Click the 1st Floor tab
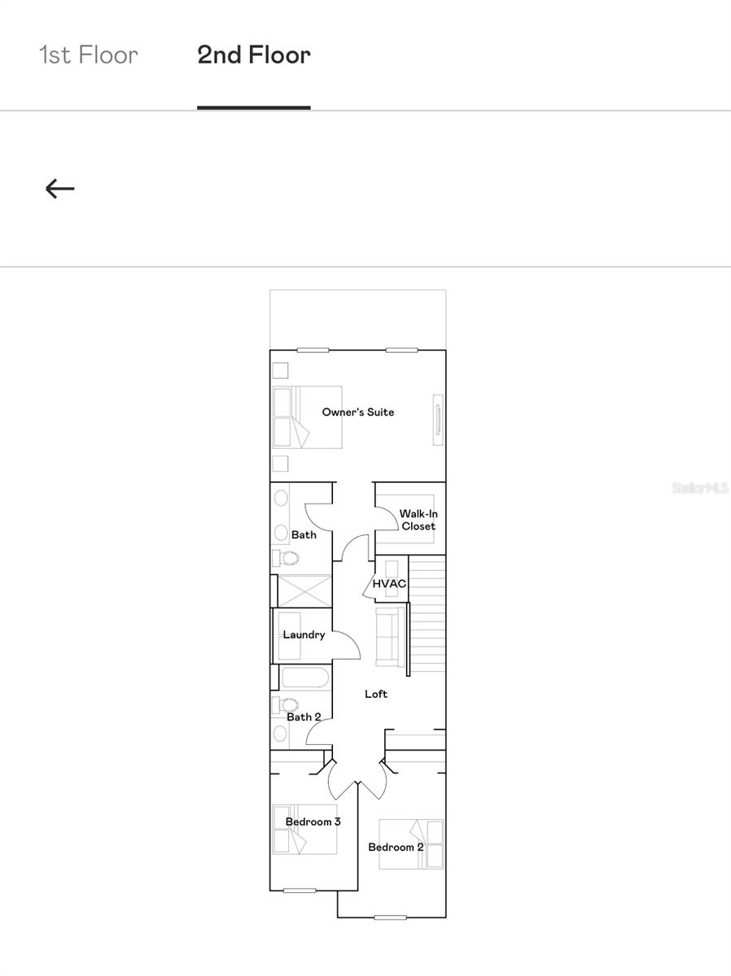89,55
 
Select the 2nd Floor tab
254,55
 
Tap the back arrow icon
59,189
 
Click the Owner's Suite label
357,412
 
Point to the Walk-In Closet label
418,520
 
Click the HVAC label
388,584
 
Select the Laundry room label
304,634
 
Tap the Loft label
375,694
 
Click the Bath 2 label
304,717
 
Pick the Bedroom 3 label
313,821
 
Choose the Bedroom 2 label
396,847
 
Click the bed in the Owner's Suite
308,417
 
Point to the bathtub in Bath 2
304,678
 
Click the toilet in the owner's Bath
287,558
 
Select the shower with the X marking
304,590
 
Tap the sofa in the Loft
390,636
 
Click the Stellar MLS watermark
700,488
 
